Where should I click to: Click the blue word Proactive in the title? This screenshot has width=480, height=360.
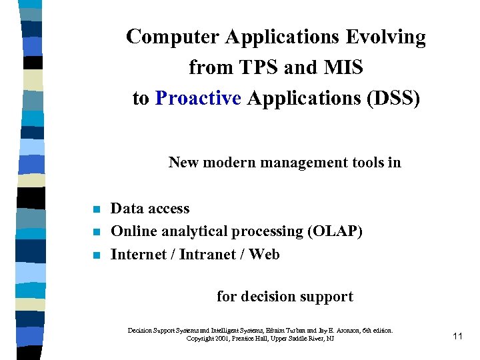pyautogui.click(x=197, y=99)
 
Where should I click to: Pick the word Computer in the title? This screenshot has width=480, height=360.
pyautogui.click(x=173, y=37)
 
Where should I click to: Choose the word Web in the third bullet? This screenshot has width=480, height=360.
pyautogui.click(x=265, y=254)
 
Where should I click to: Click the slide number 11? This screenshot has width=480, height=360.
pyautogui.click(x=457, y=336)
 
